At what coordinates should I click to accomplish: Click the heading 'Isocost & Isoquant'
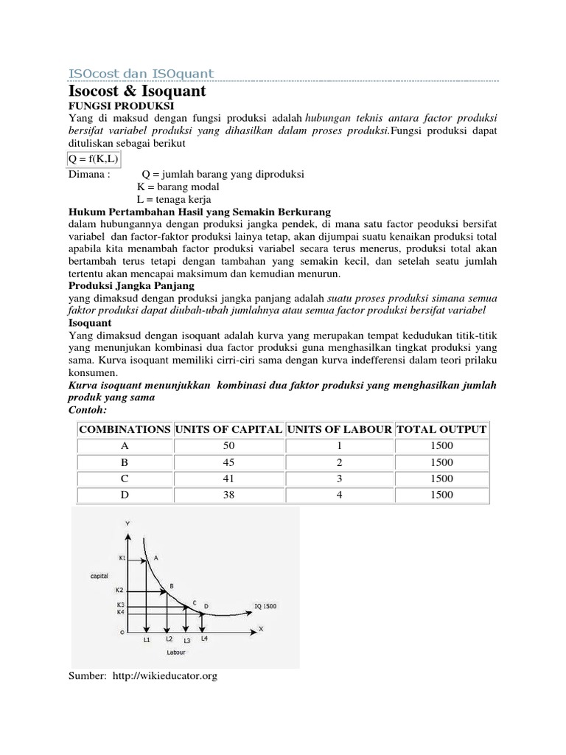click(138, 92)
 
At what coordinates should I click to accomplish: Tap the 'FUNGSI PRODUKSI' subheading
click(111, 106)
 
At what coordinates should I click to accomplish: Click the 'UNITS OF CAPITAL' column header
click(228, 429)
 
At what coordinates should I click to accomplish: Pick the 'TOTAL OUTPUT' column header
click(441, 429)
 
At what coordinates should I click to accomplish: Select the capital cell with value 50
click(228, 445)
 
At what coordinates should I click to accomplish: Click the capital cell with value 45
click(228, 462)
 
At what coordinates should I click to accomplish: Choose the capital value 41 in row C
click(228, 479)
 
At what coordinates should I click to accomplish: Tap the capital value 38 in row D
click(228, 495)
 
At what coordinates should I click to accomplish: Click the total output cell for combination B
click(441, 462)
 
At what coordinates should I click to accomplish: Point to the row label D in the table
click(125, 495)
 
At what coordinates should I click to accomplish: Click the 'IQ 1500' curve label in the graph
click(266, 607)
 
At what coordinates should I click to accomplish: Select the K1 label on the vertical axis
click(122, 558)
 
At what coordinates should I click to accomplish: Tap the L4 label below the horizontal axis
click(204, 639)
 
